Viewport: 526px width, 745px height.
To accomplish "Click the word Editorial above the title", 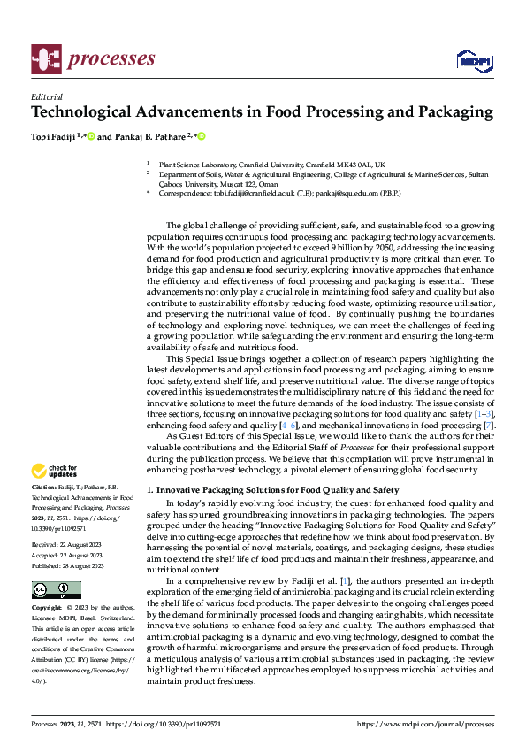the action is pos(47,96).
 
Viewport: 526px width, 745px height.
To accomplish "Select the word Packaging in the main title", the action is pos(447,112).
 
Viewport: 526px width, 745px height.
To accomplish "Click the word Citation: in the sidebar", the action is pos(43,488).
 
